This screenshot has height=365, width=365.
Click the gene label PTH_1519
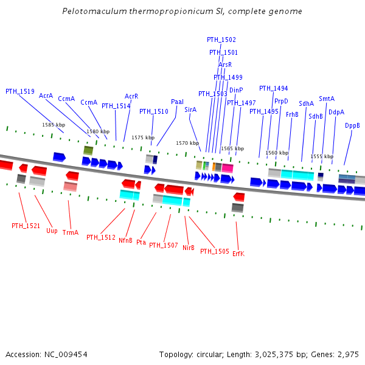click(x=20, y=91)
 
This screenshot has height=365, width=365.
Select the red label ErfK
click(x=238, y=254)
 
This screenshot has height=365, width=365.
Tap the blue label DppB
click(x=352, y=125)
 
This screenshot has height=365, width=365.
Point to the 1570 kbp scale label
click(x=187, y=143)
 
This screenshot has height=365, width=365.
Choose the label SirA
click(x=190, y=109)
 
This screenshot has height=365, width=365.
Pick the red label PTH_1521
click(x=26, y=226)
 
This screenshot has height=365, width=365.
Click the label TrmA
click(x=71, y=232)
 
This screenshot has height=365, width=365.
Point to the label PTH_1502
click(x=221, y=40)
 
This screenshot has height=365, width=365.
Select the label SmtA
click(x=327, y=99)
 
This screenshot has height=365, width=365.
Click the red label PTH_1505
click(x=215, y=251)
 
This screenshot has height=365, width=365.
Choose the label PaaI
click(x=177, y=102)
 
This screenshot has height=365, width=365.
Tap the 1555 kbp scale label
click(x=322, y=156)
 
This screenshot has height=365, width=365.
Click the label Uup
click(x=52, y=231)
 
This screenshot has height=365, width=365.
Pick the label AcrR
click(x=131, y=96)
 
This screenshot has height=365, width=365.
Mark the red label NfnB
click(x=125, y=240)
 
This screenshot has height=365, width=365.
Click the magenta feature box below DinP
click(x=228, y=167)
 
